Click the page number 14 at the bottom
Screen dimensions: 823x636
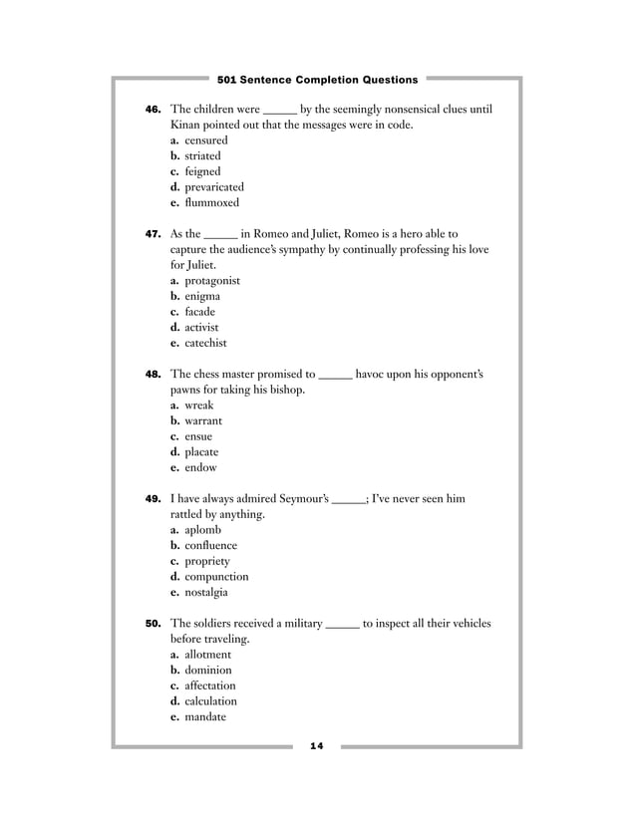coord(318,745)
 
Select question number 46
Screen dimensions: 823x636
coord(154,110)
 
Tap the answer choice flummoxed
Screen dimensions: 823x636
coord(211,202)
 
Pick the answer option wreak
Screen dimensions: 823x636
coord(198,406)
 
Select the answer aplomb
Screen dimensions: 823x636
coord(202,530)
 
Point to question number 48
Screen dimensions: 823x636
coord(154,375)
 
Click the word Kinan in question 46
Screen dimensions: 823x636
coord(187,125)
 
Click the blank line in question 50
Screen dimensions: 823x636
coord(342,625)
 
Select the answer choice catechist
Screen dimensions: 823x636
coord(205,343)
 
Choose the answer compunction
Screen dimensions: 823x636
coord(216,577)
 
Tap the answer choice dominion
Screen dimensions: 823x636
coord(207,670)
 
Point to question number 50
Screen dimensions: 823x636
coord(154,624)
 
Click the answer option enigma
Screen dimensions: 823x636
coord(202,296)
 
